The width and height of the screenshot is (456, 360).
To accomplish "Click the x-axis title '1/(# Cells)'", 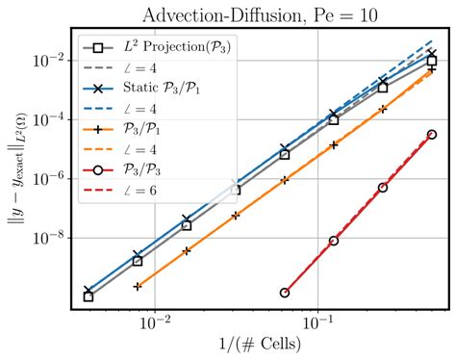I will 260,344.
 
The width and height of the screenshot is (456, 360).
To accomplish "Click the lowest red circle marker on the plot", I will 285,292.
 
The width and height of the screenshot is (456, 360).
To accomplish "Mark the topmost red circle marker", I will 432,135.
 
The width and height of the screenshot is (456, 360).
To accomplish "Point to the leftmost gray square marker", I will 89,296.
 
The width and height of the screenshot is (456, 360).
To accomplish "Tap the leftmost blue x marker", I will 89,290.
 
